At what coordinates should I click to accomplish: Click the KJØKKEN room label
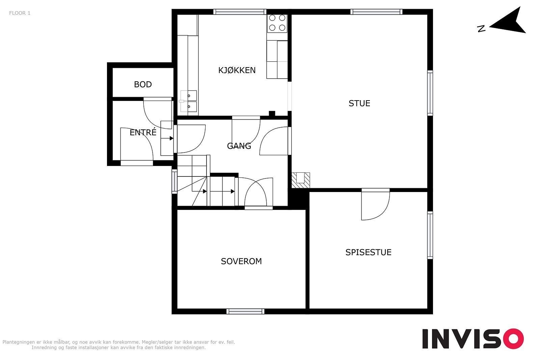(237, 70)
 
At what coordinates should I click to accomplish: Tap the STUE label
(359, 103)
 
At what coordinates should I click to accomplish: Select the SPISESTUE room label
(368, 252)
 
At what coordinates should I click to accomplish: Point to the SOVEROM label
(241, 261)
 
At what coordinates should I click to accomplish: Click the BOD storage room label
(143, 84)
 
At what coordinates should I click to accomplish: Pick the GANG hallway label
(239, 146)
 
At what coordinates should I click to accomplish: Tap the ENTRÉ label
(143, 132)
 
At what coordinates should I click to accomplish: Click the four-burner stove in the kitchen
(277, 23)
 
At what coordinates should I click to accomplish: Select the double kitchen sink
(189, 101)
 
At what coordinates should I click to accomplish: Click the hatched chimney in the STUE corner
(301, 180)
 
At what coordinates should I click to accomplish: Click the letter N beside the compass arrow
(481, 29)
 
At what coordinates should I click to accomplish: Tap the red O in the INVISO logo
(514, 338)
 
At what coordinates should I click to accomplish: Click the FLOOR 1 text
(20, 13)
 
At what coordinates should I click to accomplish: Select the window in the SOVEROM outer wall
(245, 311)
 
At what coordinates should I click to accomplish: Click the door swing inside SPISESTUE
(375, 204)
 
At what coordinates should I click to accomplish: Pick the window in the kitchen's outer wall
(240, 12)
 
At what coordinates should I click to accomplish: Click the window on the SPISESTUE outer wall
(430, 235)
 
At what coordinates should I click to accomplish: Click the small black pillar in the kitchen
(272, 113)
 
